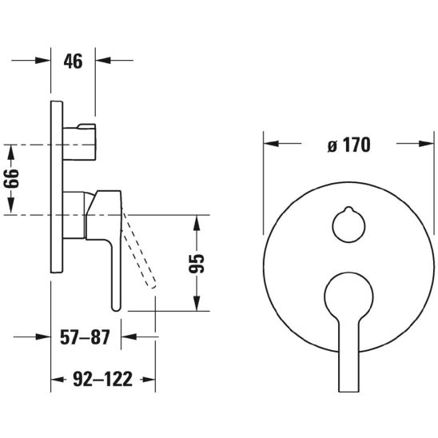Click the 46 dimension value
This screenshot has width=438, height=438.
(x=74, y=62)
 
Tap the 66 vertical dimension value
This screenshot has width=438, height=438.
(x=11, y=179)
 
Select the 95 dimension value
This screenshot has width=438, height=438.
(x=197, y=264)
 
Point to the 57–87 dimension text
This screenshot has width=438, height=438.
(x=85, y=336)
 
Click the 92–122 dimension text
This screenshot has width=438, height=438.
(x=102, y=379)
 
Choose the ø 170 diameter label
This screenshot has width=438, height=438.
(x=349, y=145)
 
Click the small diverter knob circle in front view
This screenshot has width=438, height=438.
(x=348, y=225)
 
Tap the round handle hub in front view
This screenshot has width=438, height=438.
(x=348, y=296)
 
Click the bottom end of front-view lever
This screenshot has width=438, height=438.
(x=348, y=391)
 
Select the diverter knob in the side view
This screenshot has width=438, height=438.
(x=79, y=142)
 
